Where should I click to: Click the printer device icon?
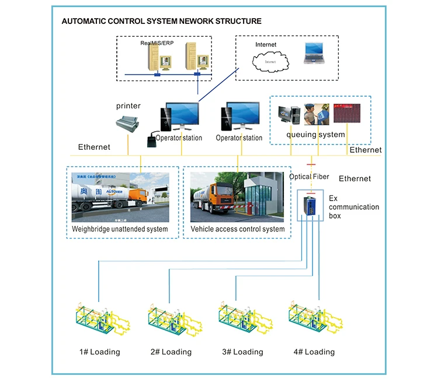(128, 124)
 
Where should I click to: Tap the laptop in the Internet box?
(315, 54)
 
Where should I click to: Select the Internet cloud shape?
(269, 61)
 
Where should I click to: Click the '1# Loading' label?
(100, 352)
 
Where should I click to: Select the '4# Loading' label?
(315, 352)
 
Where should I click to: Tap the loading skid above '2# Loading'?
(172, 319)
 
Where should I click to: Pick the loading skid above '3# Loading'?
(244, 319)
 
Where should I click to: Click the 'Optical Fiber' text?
(310, 177)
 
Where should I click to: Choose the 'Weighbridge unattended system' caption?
(120, 229)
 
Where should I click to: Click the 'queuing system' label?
(315, 135)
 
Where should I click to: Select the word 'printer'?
(128, 106)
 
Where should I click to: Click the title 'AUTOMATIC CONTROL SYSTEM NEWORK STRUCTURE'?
(162, 21)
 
